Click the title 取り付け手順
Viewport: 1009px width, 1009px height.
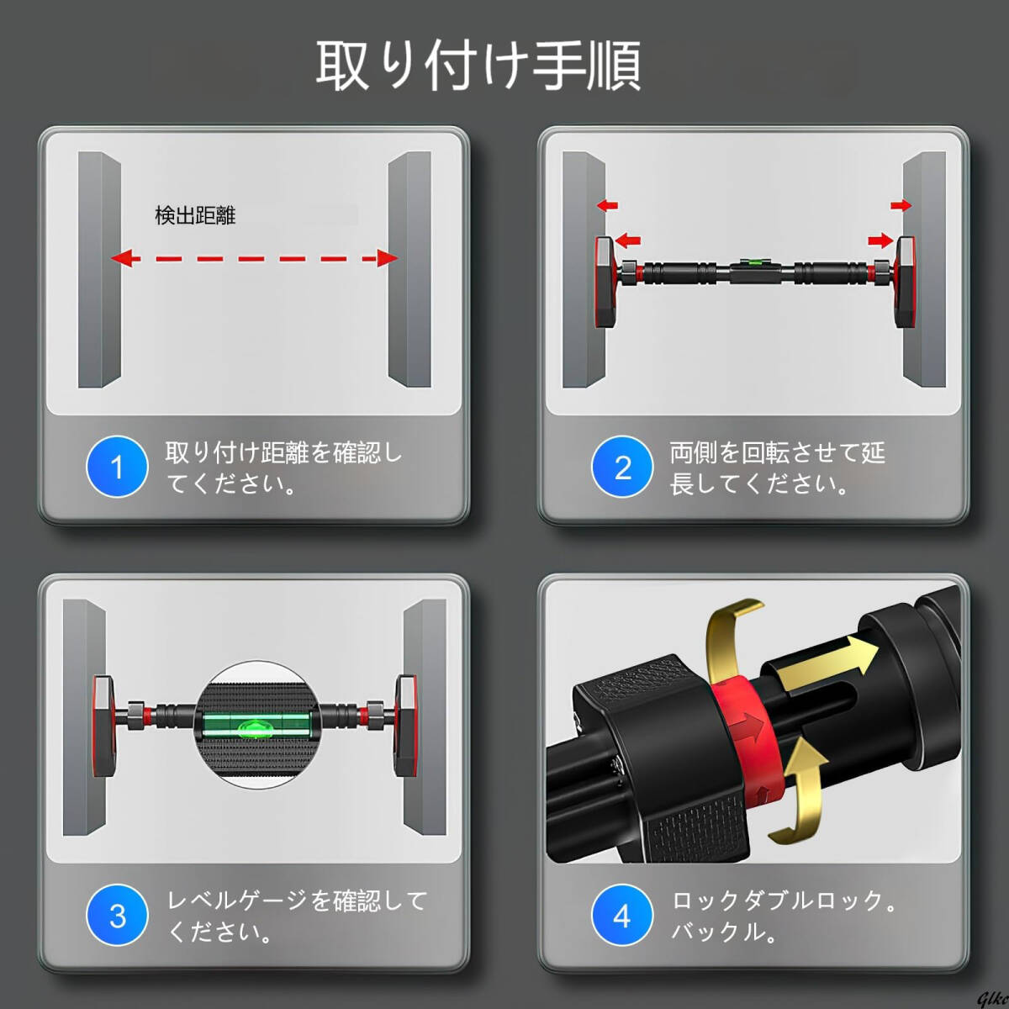point(478,65)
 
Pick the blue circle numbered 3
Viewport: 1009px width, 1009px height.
point(117,914)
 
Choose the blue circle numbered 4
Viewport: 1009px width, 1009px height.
point(622,914)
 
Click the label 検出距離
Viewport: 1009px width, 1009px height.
point(195,216)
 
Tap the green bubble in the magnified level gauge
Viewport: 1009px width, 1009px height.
point(250,726)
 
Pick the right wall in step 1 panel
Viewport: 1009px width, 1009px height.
point(409,269)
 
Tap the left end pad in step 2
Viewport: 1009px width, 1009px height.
point(605,283)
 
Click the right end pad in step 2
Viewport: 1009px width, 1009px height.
point(905,283)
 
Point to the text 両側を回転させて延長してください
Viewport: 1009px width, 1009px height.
point(778,468)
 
